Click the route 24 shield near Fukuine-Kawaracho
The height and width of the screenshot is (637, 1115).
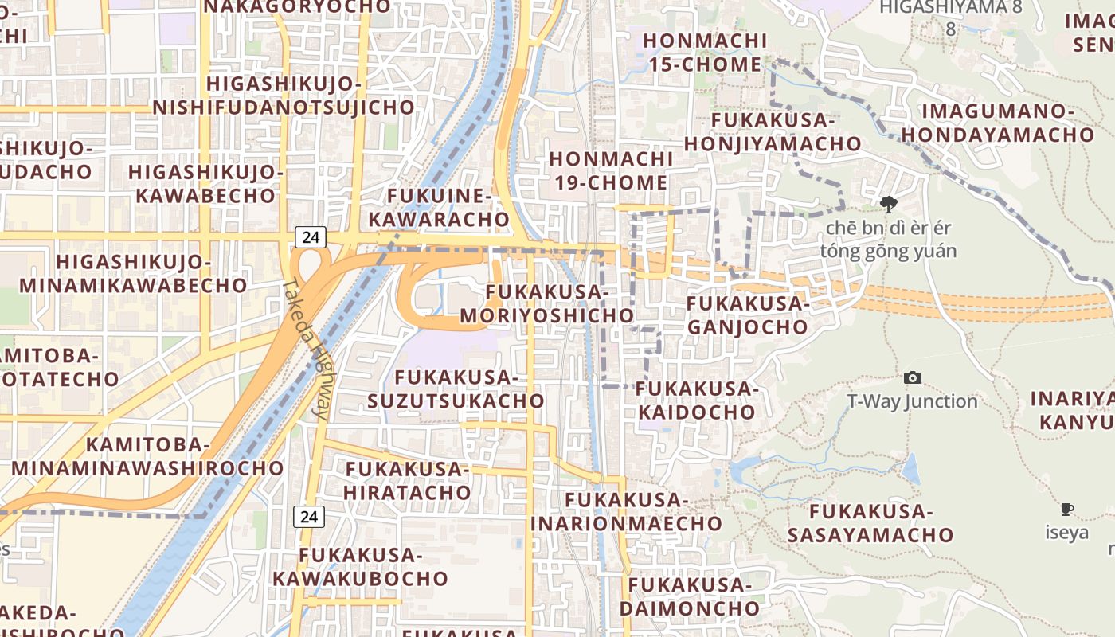pyautogui.click(x=311, y=236)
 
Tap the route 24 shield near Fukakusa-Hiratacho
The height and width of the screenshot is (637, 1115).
pyautogui.click(x=309, y=517)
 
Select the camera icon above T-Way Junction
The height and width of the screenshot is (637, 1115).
pyautogui.click(x=913, y=377)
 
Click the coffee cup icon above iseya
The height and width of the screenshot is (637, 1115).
pyautogui.click(x=1067, y=509)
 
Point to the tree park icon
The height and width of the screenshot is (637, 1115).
pyautogui.click(x=888, y=205)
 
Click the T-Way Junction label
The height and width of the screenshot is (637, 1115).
pyautogui.click(x=912, y=401)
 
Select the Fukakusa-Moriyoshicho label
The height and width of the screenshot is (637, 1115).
pyautogui.click(x=546, y=304)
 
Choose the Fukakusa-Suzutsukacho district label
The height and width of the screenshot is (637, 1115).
pyautogui.click(x=456, y=389)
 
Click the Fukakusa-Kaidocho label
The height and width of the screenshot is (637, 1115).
pyautogui.click(x=696, y=401)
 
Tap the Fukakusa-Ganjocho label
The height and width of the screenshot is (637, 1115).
pyautogui.click(x=747, y=315)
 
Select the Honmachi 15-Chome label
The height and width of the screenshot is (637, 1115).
pyautogui.click(x=705, y=52)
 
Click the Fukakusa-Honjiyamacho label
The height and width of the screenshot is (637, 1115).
pyautogui.click(x=773, y=132)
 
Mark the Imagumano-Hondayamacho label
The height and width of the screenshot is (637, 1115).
pyautogui.click(x=997, y=123)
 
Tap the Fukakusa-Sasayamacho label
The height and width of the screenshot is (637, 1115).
pyautogui.click(x=870, y=522)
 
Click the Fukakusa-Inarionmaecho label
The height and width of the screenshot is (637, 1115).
pyautogui.click(x=626, y=511)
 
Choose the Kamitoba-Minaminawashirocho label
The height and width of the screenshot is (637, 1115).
pyautogui.click(x=147, y=456)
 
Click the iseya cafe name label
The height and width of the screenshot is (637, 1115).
pyautogui.click(x=1066, y=532)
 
